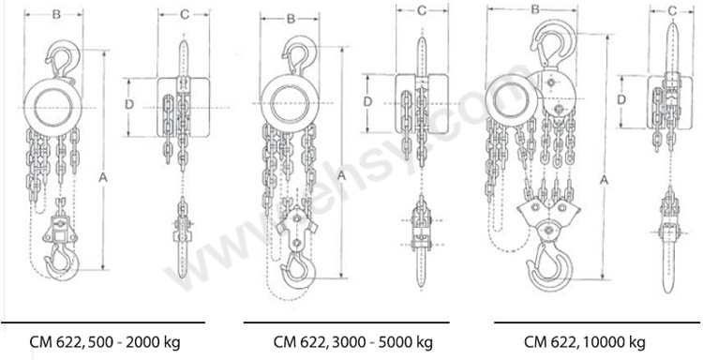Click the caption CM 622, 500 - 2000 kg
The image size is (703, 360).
[x=105, y=342]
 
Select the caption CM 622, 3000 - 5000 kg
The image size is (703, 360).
[x=353, y=342]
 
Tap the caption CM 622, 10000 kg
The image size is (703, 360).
[x=585, y=342]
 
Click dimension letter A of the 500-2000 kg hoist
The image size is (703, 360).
[x=103, y=178]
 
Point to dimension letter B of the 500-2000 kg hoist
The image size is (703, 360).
[x=56, y=15]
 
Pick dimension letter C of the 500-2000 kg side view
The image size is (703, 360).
[x=185, y=15]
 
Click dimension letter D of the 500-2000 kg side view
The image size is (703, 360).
[x=129, y=104]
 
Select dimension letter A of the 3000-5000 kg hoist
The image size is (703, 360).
[x=341, y=176]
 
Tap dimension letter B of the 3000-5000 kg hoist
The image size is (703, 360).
[x=291, y=19]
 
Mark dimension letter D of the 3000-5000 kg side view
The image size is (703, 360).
[x=367, y=102]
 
